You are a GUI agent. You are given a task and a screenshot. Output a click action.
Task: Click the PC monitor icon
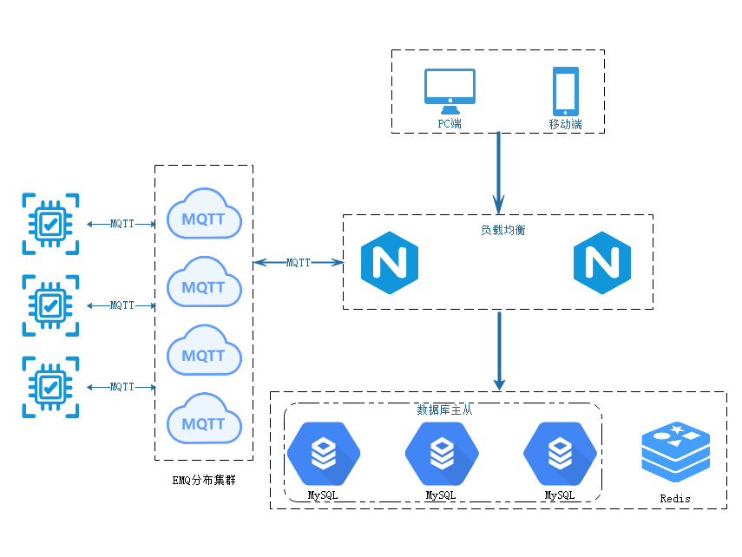coord(450,90)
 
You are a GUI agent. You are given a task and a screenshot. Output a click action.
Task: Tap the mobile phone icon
coord(566,91)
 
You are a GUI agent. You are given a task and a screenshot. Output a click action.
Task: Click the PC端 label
coord(450,124)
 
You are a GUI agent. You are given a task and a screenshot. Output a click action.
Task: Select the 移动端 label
coord(565,124)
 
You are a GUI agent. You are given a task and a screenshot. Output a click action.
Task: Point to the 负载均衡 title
coord(502,230)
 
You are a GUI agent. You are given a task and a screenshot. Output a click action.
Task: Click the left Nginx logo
coord(394,263)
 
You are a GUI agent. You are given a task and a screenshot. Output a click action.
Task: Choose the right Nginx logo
coord(607,263)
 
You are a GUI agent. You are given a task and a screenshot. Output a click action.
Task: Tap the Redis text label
coord(675,499)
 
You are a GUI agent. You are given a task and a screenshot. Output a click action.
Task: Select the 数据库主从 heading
coord(444,410)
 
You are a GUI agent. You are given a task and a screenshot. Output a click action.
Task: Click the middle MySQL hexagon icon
coord(442,453)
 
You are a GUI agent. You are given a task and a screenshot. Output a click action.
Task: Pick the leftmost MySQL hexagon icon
coord(323,453)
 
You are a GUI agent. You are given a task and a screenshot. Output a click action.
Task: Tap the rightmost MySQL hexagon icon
coord(560,453)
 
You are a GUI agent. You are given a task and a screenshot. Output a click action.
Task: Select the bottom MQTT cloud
coord(204,422)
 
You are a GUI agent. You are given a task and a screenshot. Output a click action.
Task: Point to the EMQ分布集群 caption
coord(205,479)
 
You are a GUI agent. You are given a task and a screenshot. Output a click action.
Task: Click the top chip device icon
coord(54,223)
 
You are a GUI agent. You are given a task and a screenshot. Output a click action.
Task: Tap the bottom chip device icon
coord(54,387)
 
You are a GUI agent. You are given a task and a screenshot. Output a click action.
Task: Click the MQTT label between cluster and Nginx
coord(298,263)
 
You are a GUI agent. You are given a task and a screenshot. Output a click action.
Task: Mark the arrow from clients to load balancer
coord(499,174)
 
